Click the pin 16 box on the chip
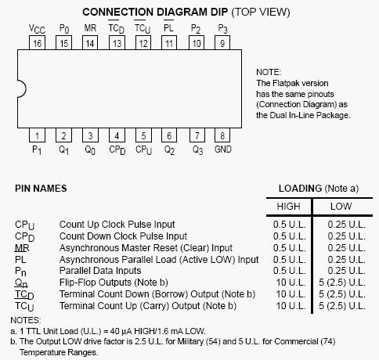point(37,43)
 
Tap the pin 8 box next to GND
point(222,135)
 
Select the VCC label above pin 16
point(37,29)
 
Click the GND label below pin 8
point(223,149)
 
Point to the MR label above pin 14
point(90,28)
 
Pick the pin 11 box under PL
point(169,43)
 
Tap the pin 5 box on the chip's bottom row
point(143,135)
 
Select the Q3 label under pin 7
point(197,150)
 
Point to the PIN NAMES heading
point(41,189)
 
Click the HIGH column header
point(288,207)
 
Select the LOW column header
point(341,207)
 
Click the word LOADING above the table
point(300,189)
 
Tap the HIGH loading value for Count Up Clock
point(289,225)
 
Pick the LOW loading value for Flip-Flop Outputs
point(342,283)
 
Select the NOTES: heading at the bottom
point(26,320)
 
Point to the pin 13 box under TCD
point(117,43)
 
